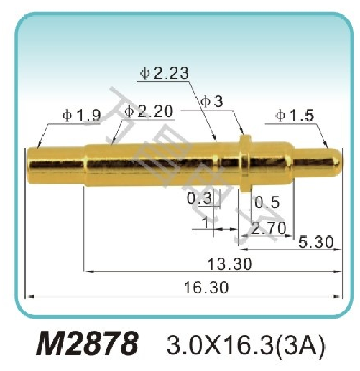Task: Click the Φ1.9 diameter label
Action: tap(80, 115)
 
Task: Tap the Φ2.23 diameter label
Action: tap(165, 72)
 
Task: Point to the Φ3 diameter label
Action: tap(212, 101)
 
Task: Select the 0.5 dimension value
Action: tap(267, 202)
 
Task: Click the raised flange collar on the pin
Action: tap(244, 159)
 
